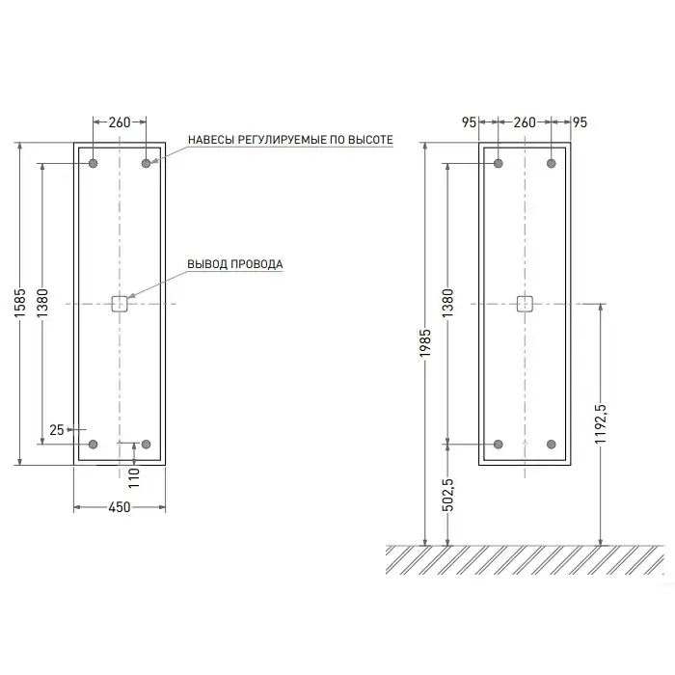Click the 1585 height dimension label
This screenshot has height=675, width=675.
(20, 304)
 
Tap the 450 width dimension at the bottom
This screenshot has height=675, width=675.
(120, 507)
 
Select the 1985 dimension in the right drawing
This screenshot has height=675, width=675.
(425, 342)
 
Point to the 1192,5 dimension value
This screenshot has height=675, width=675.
(601, 424)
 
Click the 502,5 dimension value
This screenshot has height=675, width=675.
(448, 495)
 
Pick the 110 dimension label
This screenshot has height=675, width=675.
(134, 478)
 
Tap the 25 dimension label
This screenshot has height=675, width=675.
(57, 430)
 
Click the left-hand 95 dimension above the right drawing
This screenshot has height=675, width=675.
(470, 122)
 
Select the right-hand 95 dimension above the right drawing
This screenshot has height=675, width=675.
(580, 122)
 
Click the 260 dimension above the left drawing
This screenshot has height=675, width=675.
(120, 122)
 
